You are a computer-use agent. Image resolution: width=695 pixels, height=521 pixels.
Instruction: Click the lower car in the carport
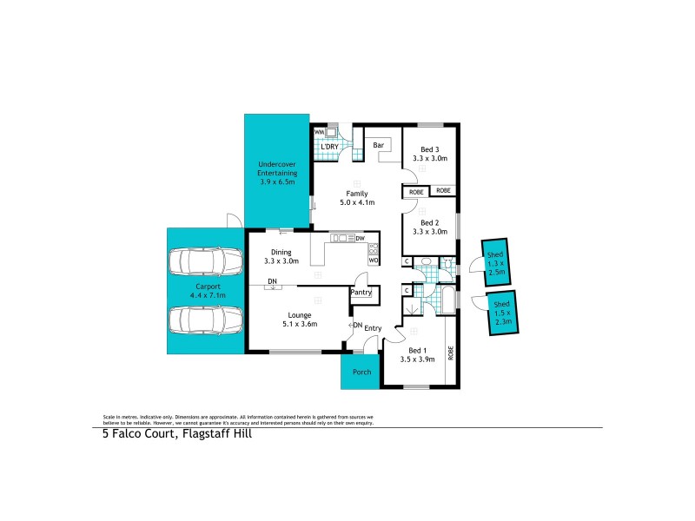206,320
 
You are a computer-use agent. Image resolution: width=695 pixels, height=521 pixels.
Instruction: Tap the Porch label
360,372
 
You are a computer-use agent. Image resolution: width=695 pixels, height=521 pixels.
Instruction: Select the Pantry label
361,293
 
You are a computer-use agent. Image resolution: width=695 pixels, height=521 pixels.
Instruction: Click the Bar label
379,145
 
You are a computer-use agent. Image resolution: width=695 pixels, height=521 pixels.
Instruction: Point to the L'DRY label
329,147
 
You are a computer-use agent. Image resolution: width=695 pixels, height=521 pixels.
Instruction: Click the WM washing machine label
319,132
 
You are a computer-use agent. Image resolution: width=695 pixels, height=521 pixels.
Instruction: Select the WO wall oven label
373,260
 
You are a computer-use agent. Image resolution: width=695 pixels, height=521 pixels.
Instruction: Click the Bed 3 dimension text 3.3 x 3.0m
429,159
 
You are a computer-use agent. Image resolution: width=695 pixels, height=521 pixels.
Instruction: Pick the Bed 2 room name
429,222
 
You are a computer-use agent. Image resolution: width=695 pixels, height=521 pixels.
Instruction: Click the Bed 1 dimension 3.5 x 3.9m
416,358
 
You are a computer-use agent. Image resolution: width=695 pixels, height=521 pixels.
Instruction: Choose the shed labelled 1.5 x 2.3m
501,313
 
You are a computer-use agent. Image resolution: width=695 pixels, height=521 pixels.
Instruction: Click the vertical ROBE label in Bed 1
450,353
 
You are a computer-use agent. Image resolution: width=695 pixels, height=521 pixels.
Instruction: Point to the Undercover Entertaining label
276,173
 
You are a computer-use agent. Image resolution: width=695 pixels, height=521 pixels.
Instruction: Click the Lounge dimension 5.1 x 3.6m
300,324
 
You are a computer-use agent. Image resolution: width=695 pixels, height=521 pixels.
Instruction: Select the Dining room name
281,252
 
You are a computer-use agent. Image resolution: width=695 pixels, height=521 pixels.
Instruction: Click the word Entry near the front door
373,327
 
